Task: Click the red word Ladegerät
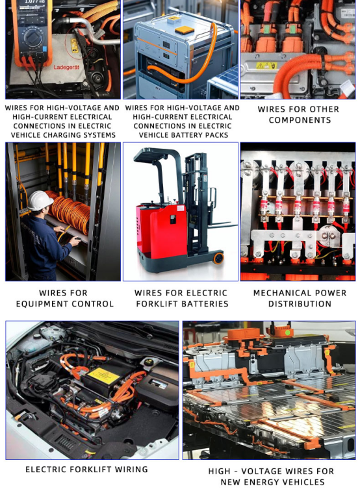point(66,67)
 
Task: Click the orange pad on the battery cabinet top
point(185,31)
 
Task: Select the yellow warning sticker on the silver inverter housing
point(266,66)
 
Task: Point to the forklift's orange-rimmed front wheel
point(218,258)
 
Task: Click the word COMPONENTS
point(300,120)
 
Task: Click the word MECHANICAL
point(279,293)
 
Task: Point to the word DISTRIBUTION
point(300,304)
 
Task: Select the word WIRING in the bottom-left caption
point(131,470)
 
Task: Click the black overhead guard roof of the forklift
point(156,155)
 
